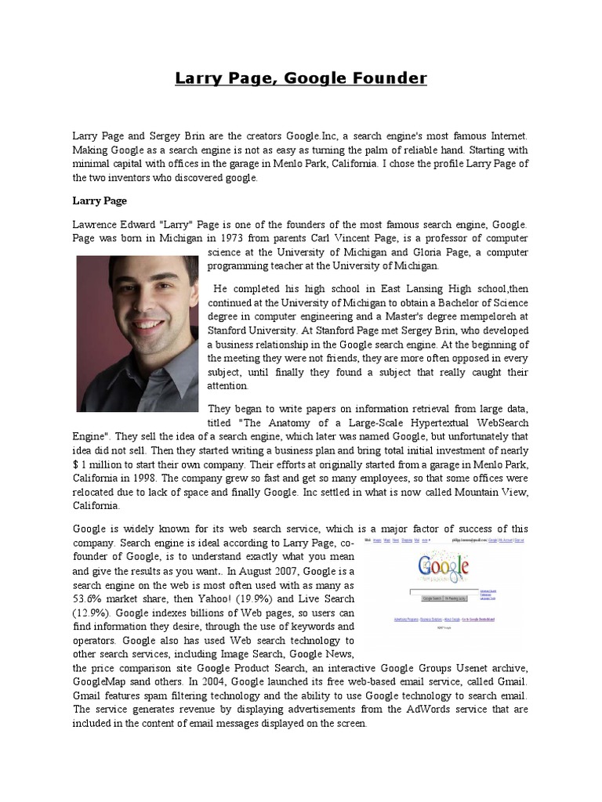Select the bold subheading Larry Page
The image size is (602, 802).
pos(99,200)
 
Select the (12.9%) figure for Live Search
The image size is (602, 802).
pos(96,613)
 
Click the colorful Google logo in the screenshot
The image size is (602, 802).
pos(444,566)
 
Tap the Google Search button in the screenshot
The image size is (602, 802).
pos(432,598)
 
